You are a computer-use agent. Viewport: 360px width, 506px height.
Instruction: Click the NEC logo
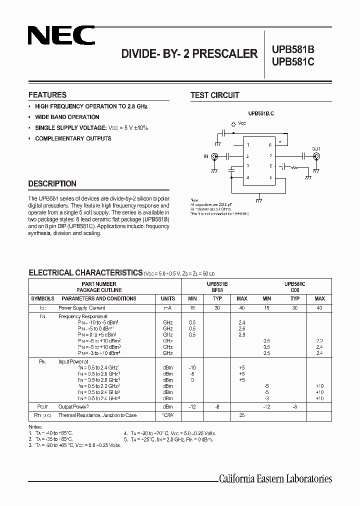(x=61, y=36)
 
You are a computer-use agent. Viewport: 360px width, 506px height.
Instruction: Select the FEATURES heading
(x=47, y=95)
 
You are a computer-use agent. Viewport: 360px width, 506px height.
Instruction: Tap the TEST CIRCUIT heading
(x=215, y=95)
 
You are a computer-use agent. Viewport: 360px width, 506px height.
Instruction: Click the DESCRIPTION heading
(x=52, y=183)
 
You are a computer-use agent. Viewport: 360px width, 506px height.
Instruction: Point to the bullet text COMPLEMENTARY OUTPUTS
(x=73, y=138)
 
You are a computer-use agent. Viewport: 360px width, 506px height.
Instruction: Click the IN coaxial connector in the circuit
(x=216, y=156)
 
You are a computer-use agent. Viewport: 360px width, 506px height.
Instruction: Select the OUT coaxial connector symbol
(x=316, y=156)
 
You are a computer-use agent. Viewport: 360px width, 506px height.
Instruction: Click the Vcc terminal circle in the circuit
(x=233, y=123)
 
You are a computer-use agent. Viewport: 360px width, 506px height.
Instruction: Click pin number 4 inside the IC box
(x=247, y=177)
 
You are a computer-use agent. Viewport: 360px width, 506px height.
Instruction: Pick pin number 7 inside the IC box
(x=270, y=156)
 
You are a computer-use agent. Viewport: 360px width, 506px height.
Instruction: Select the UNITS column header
(x=168, y=298)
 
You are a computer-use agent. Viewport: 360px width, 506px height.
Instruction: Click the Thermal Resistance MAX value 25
(x=242, y=415)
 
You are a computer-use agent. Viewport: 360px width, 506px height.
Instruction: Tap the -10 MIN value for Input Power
(x=192, y=367)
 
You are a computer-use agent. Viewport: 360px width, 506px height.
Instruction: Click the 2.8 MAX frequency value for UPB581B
(x=242, y=334)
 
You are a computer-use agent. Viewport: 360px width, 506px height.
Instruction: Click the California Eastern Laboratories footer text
(x=275, y=479)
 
